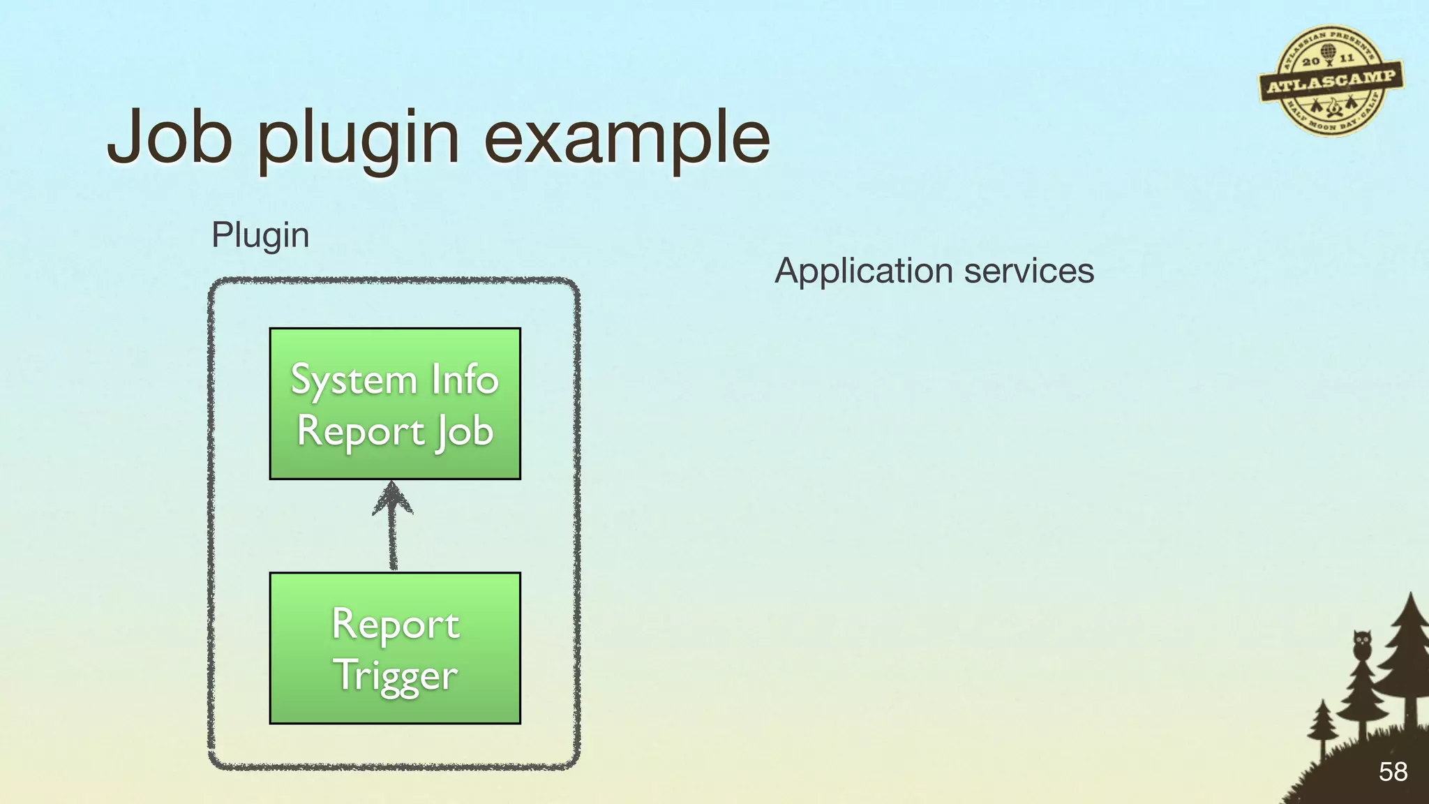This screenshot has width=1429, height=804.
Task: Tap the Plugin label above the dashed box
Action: point(260,235)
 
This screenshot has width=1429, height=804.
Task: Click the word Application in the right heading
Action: point(864,271)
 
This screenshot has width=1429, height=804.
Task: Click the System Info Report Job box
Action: point(395,403)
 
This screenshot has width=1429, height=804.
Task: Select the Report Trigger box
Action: point(395,648)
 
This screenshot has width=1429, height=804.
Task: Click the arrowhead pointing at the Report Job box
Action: point(393,497)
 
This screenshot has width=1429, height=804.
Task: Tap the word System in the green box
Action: point(353,381)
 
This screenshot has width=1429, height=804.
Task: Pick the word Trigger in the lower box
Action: point(395,676)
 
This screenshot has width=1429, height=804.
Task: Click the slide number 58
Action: point(1393,771)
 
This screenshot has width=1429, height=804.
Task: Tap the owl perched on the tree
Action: point(1361,643)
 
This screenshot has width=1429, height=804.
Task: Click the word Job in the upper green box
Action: point(465,431)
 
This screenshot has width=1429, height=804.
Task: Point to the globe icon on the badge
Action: point(1328,52)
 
